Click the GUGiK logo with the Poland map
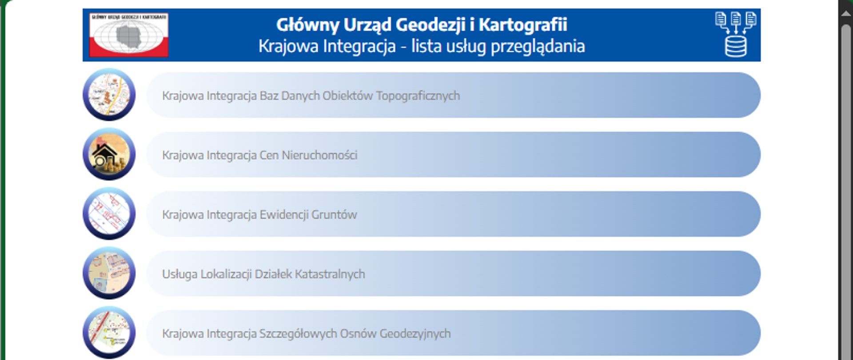129,35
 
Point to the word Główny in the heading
307,25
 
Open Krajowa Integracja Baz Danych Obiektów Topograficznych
311,96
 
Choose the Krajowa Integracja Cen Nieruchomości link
260,155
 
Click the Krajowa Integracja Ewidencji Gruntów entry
259,215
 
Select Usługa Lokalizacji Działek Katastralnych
263,274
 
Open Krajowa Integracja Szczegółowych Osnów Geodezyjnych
307,334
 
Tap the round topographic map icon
109,94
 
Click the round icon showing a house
109,154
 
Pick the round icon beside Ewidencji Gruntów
109,213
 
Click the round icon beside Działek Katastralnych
109,273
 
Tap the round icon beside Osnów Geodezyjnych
109,332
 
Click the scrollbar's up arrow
846,14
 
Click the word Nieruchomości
319,155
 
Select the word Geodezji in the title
430,25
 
